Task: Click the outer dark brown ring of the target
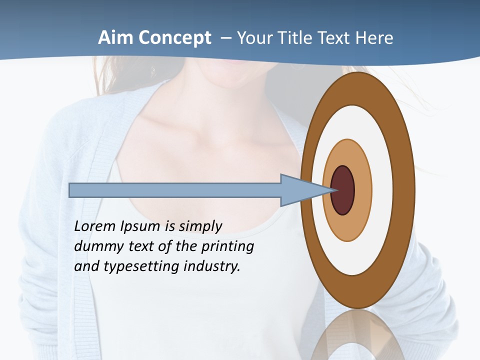pyautogui.click(x=357, y=90)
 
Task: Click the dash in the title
pyautogui.click(x=226, y=38)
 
